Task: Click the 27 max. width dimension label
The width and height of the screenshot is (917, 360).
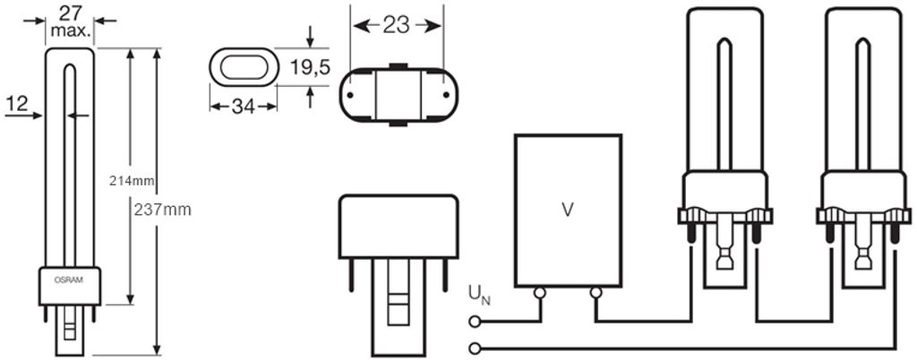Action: point(70,22)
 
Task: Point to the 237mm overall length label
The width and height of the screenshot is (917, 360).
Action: point(163,210)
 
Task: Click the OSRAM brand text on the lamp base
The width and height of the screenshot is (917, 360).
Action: point(70,280)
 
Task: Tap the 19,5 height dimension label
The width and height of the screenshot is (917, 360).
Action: point(311,67)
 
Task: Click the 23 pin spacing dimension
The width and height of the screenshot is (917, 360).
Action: point(397,25)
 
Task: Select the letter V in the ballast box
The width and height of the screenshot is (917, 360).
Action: point(567,210)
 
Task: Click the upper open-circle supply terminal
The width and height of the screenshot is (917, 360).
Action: point(476,321)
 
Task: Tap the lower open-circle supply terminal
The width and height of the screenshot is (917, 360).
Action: point(476,348)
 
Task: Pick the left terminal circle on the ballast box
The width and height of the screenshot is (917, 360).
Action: point(539,293)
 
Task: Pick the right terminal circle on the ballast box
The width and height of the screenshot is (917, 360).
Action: point(596,293)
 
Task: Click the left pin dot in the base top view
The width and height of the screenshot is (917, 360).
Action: point(350,95)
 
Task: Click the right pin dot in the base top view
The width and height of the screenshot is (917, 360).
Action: point(446,95)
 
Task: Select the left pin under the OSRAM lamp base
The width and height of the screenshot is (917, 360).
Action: point(46,313)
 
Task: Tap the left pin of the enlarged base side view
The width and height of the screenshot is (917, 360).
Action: point(351,275)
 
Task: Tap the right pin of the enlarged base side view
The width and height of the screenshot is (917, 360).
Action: point(446,275)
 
